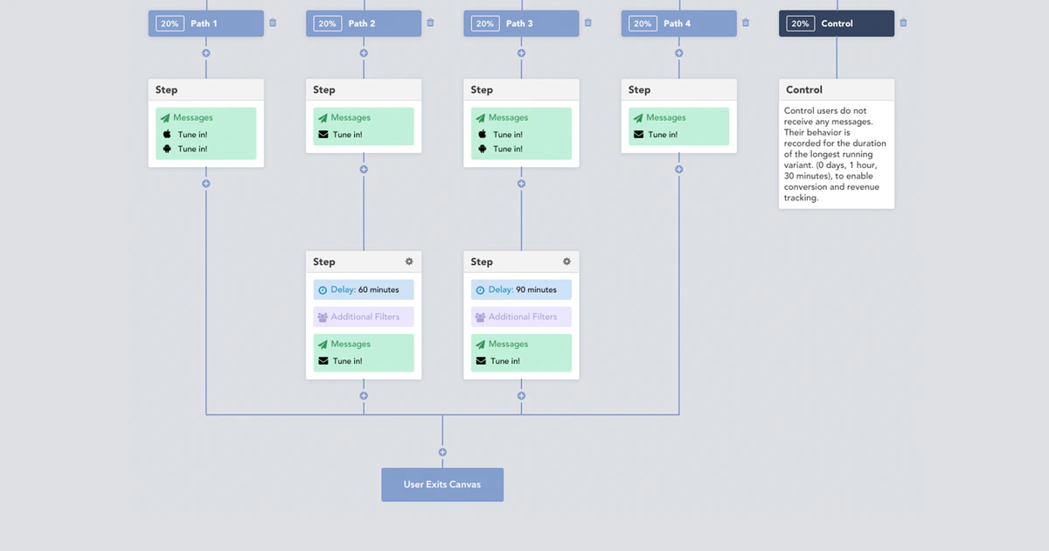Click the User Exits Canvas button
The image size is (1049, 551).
[441, 485]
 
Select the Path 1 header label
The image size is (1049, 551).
[204, 24]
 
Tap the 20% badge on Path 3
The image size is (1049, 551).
[485, 24]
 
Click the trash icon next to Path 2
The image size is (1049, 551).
[430, 23]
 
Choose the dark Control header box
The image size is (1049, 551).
[836, 24]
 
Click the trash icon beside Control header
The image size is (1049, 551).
[903, 23]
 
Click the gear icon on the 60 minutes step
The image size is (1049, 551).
[409, 262]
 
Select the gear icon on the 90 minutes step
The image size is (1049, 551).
[566, 262]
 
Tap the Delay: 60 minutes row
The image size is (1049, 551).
[364, 289]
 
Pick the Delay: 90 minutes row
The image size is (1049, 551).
[521, 289]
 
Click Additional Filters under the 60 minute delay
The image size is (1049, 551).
[364, 317]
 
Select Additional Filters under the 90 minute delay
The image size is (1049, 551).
[521, 317]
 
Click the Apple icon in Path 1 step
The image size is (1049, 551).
[167, 135]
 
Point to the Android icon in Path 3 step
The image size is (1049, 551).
[482, 149]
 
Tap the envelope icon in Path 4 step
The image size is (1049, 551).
[638, 135]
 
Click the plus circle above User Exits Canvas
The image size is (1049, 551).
[442, 452]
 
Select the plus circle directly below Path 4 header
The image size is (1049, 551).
[679, 53]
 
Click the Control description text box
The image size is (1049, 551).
[836, 155]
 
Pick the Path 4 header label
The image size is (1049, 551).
[677, 24]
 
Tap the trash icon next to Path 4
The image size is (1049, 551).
[746, 23]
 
